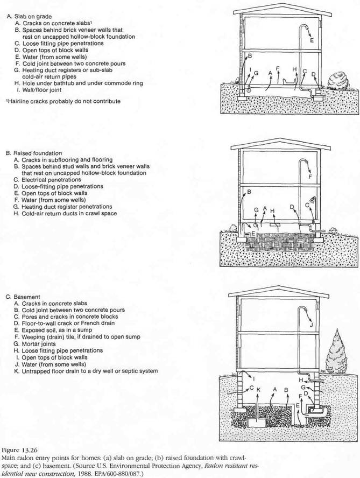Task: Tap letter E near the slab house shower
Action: coord(312,40)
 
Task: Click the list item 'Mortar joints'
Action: coord(39,344)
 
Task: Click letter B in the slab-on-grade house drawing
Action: coord(250,55)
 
